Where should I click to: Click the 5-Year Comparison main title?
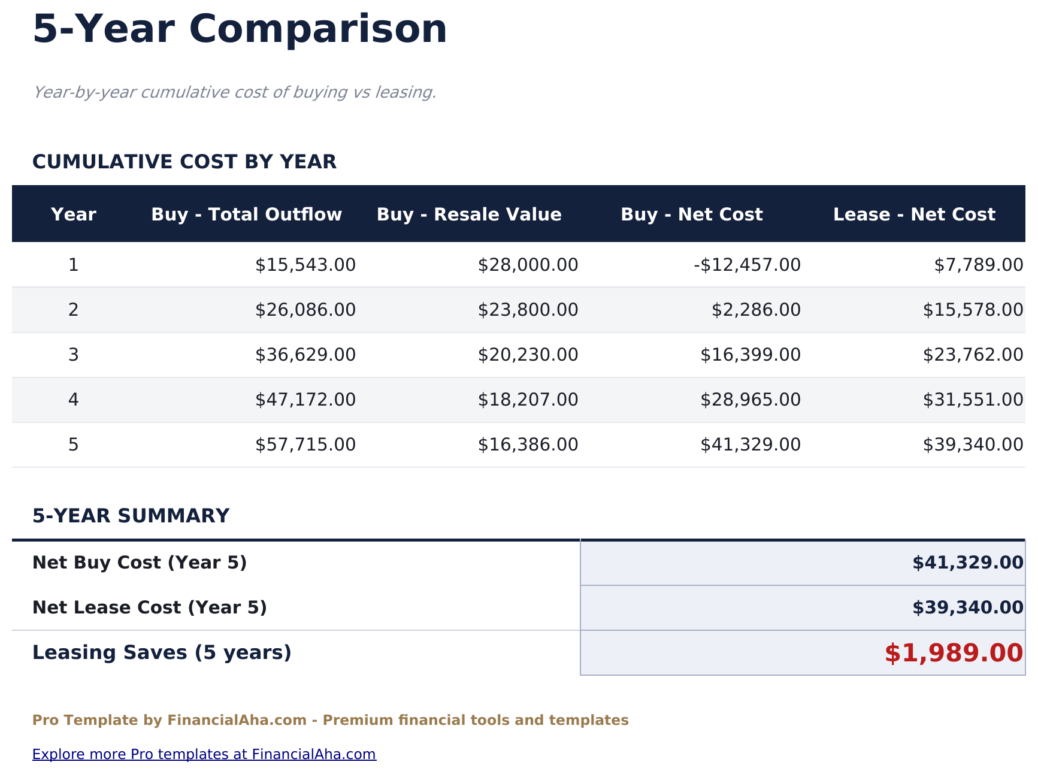pyautogui.click(x=240, y=29)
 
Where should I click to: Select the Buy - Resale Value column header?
pyautogui.click(x=469, y=214)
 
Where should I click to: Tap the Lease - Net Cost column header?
pyautogui.click(x=914, y=214)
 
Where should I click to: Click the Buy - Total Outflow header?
pyautogui.click(x=246, y=214)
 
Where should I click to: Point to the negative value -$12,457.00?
pyautogui.click(x=747, y=265)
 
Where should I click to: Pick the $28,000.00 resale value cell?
pyautogui.click(x=528, y=265)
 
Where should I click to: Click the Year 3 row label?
pyautogui.click(x=73, y=355)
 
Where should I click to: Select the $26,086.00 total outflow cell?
pyautogui.click(x=305, y=310)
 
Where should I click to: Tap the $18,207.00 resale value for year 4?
pyautogui.click(x=528, y=400)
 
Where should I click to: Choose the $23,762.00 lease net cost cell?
pyautogui.click(x=973, y=355)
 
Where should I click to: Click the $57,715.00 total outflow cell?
pyautogui.click(x=305, y=445)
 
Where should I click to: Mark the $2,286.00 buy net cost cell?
pyautogui.click(x=756, y=310)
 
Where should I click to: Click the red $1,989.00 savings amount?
pyautogui.click(x=954, y=653)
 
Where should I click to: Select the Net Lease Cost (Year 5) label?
pyautogui.click(x=149, y=607)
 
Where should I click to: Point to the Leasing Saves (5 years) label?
pyautogui.click(x=162, y=652)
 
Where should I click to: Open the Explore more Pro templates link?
pyautogui.click(x=204, y=754)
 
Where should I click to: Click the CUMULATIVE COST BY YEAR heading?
pyautogui.click(x=184, y=162)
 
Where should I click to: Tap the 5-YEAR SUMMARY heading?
pyautogui.click(x=131, y=516)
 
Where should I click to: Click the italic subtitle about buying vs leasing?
pyautogui.click(x=234, y=92)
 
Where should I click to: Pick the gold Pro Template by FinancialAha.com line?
pyautogui.click(x=330, y=720)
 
